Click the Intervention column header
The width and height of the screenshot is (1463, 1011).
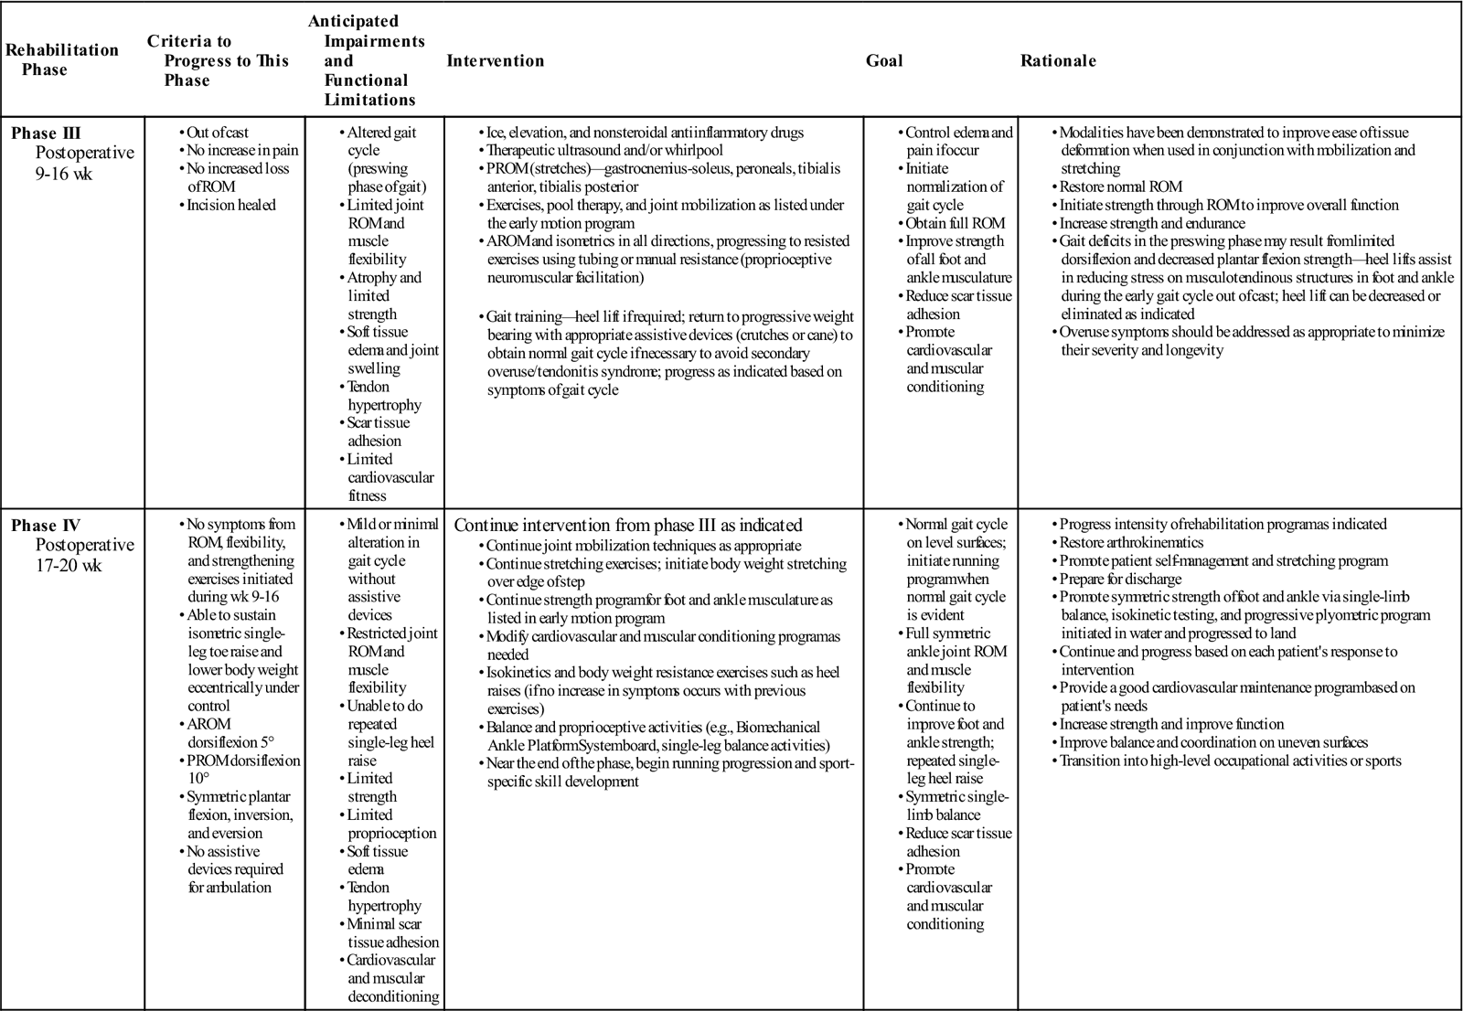click(x=495, y=61)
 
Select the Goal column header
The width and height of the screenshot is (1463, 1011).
click(x=884, y=61)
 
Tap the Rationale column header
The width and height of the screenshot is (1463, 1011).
click(x=1058, y=61)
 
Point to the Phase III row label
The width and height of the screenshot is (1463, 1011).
click(x=46, y=133)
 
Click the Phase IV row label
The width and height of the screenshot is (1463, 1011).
click(x=46, y=526)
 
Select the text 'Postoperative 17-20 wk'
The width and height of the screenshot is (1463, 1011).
click(x=84, y=555)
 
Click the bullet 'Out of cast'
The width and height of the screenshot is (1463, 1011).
click(x=218, y=133)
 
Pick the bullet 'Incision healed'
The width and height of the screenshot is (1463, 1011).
click(x=230, y=205)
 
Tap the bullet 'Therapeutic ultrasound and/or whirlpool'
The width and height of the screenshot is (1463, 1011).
click(x=604, y=151)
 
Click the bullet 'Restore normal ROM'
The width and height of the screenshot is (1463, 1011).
click(x=1120, y=186)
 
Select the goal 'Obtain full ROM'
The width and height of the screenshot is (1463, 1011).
click(x=955, y=223)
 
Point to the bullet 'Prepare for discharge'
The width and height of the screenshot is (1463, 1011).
click(x=1120, y=579)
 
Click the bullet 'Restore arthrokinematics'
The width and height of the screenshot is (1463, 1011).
click(x=1131, y=542)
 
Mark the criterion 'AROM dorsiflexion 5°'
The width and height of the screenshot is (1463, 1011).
click(x=230, y=733)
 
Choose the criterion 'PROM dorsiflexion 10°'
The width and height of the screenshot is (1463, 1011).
click(x=242, y=770)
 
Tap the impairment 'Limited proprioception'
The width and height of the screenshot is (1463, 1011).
click(x=391, y=824)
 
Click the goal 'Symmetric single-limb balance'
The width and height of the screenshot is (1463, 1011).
click(x=956, y=805)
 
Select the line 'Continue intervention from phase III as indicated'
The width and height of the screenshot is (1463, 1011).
click(x=628, y=526)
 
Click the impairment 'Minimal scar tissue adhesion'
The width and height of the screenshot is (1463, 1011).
click(x=392, y=932)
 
